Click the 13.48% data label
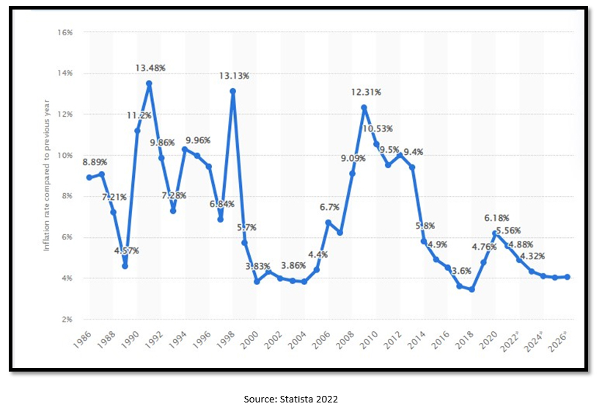150,68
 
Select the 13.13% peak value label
235,76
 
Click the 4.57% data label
125,250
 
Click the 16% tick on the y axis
64,32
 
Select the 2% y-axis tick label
65,319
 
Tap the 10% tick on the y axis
64,155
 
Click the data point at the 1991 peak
149,83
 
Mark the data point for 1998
232,91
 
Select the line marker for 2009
364,108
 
